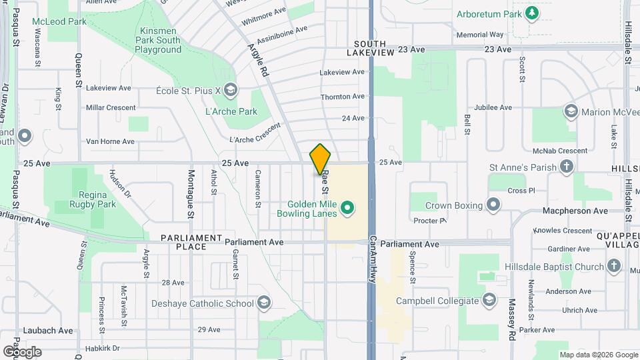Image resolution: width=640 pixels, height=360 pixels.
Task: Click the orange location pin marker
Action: coord(321,159)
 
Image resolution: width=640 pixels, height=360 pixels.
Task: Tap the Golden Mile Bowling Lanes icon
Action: coord(347,209)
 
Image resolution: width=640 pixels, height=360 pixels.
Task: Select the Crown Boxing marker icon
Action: coord(493,204)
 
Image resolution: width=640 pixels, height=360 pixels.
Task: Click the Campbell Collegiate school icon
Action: coord(491,299)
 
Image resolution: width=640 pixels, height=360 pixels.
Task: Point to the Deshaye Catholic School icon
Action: coord(264,303)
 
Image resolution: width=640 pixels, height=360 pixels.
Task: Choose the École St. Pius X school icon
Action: coord(231,89)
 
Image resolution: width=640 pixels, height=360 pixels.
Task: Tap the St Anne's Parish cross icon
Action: coord(566,167)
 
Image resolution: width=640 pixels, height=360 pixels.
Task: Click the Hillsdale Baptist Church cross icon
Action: coord(614,267)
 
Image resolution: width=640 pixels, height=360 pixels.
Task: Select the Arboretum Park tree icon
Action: coord(531,13)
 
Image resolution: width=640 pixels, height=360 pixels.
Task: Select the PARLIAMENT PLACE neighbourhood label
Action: coord(191,242)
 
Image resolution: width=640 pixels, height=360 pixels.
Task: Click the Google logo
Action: coord(22,351)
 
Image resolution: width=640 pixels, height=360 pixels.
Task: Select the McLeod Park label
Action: coord(59,21)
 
